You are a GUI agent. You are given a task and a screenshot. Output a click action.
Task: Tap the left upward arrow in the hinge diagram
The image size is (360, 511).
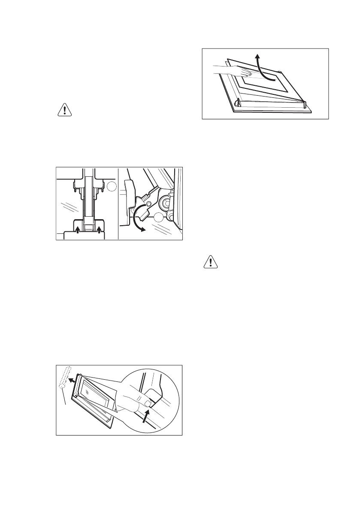coord(77,231)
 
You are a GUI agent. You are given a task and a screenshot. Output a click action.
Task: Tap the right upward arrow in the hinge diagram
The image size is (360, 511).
coord(99,231)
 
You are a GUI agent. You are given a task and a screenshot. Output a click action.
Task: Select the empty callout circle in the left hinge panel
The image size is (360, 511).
coord(112,187)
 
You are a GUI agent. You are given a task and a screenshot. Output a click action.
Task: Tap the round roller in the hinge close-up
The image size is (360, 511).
coord(164,202)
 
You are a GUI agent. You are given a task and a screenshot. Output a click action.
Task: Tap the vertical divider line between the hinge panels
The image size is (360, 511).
coord(118,204)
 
